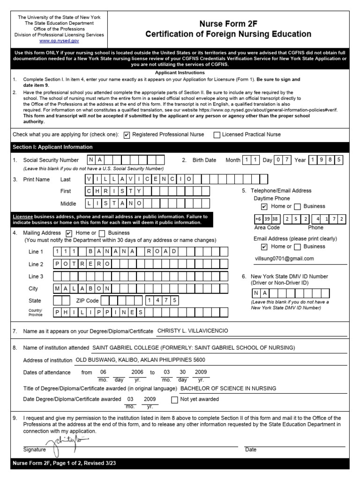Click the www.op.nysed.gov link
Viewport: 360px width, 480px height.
coord(59,41)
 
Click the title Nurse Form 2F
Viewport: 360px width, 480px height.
coord(228,23)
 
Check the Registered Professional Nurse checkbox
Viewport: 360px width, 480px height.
coord(127,135)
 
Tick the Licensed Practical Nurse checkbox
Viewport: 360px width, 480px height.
coord(217,135)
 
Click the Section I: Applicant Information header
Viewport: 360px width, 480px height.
coord(52,147)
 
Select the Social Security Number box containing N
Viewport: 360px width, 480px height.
coord(91,160)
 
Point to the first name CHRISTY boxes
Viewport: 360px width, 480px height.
coord(113,191)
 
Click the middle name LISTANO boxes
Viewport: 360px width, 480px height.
coord(113,203)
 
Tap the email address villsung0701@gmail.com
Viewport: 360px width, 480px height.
coord(284,258)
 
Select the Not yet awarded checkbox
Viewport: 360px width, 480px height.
coord(175,400)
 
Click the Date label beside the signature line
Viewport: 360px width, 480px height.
coord(251,450)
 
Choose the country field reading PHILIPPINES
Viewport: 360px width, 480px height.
coord(100,312)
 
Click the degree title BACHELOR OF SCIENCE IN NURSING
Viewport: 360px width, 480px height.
coord(228,388)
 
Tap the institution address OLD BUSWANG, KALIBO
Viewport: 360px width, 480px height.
coord(140,360)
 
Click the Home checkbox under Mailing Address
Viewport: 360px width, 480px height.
coord(69,233)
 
